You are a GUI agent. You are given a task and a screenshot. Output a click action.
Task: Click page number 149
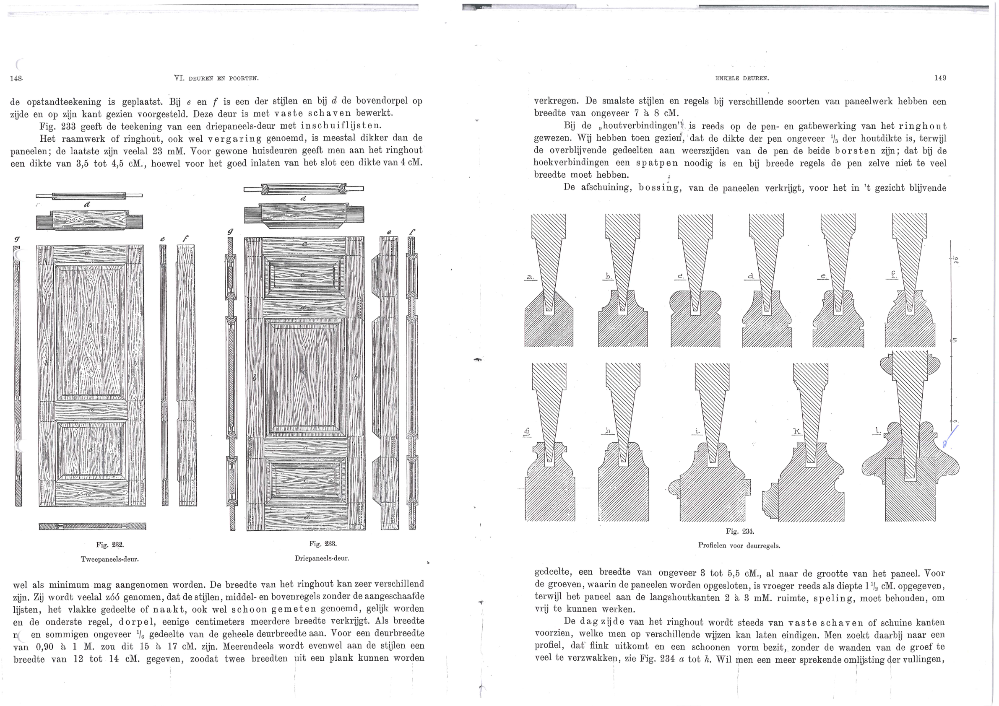click(940, 78)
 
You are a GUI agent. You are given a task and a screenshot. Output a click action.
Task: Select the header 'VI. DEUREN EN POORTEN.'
click(216, 78)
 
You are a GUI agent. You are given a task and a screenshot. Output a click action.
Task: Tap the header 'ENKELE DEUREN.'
click(742, 78)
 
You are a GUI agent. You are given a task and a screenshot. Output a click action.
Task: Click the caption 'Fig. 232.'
click(110, 545)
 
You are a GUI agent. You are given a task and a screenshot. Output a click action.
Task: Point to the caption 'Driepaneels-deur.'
click(322, 558)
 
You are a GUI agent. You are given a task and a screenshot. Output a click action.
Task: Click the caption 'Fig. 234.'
click(740, 531)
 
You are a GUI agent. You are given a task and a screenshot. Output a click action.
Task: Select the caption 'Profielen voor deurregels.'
click(739, 545)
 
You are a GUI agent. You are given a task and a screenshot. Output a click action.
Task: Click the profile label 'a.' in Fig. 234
click(530, 277)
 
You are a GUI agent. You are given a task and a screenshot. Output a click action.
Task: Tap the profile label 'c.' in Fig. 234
click(680, 277)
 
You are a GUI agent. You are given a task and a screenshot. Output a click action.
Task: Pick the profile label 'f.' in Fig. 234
click(893, 275)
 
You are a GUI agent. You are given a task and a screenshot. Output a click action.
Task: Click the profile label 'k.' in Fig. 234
click(797, 431)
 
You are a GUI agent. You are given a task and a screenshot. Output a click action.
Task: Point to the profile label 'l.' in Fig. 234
click(878, 431)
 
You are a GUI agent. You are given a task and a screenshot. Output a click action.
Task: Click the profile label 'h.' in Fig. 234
click(608, 431)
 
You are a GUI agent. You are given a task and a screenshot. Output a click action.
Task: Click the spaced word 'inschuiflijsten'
click(341, 126)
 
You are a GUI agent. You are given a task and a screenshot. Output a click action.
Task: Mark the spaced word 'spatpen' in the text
click(657, 163)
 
